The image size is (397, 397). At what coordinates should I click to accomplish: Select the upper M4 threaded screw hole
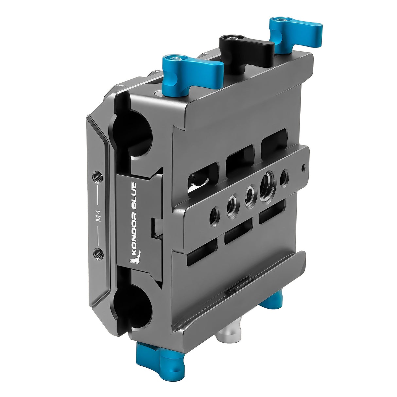97,177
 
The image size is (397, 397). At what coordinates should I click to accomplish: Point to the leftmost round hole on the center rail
214,216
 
